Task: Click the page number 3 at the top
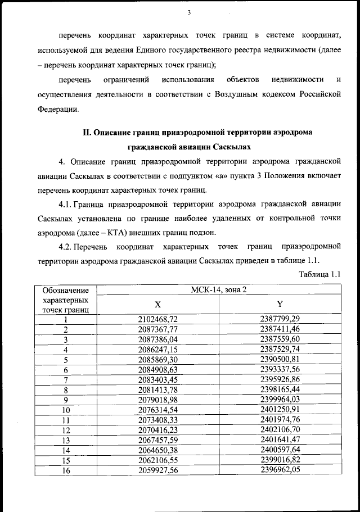(x=189, y=13)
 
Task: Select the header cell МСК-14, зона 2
(x=219, y=289)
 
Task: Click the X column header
(x=158, y=304)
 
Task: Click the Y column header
(x=280, y=304)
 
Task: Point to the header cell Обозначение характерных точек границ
(x=66, y=300)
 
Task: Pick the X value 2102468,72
(x=158, y=319)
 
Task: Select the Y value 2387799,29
(x=280, y=319)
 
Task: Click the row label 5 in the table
(x=66, y=360)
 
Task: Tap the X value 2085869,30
(x=158, y=360)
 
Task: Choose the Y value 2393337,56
(x=280, y=370)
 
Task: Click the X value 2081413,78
(x=158, y=390)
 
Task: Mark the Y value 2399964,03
(x=280, y=400)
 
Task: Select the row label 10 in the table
(x=66, y=410)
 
